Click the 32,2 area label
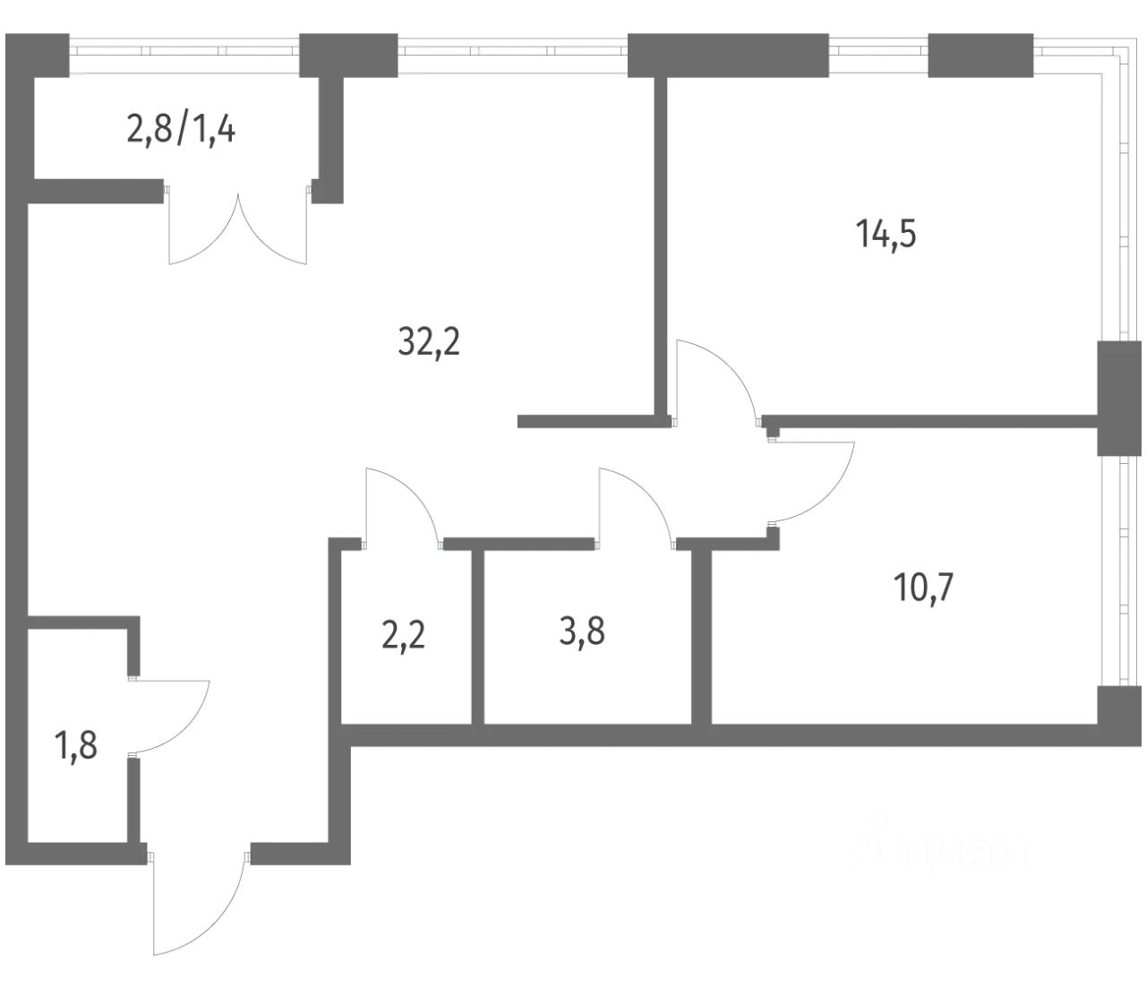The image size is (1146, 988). pyautogui.click(x=429, y=341)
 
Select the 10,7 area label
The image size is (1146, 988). pyautogui.click(x=924, y=589)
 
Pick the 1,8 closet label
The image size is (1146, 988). pyautogui.click(x=76, y=745)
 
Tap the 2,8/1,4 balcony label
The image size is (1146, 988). pyautogui.click(x=183, y=133)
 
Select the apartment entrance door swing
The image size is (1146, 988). pyautogui.click(x=199, y=905)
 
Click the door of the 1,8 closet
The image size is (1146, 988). pyautogui.click(x=170, y=715)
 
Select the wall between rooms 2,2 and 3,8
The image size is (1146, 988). pyautogui.click(x=478, y=636)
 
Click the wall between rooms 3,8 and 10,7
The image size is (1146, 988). pyautogui.click(x=702, y=636)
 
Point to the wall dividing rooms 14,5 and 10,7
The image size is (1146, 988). pyautogui.click(x=931, y=421)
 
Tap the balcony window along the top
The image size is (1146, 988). pyautogui.click(x=184, y=50)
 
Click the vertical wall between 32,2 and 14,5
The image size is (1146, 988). pyautogui.click(x=662, y=242)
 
